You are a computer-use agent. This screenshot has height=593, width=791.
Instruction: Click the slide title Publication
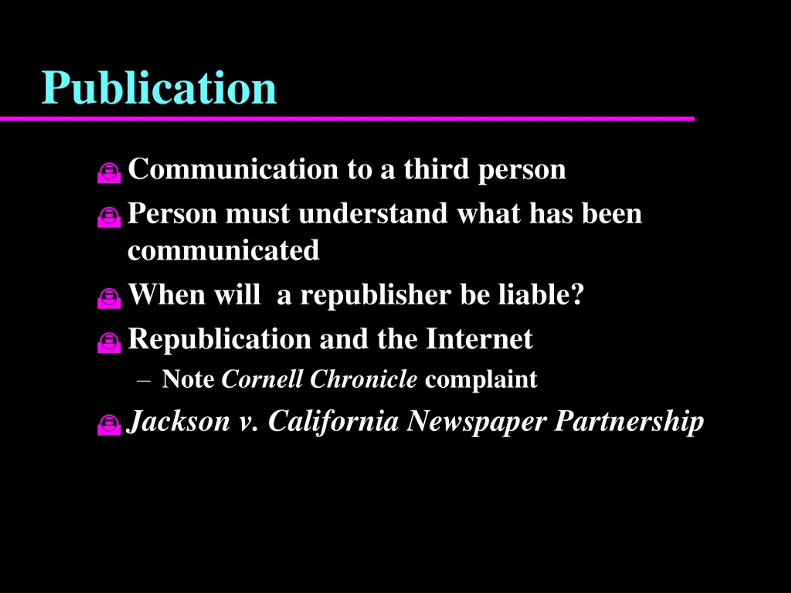(x=159, y=88)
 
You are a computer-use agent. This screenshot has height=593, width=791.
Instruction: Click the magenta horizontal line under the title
(x=347, y=119)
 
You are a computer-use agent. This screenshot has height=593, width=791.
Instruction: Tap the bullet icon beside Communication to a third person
(x=109, y=173)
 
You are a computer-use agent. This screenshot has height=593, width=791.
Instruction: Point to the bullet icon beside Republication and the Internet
(x=109, y=343)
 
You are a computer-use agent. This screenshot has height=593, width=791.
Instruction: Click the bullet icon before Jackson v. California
(x=109, y=425)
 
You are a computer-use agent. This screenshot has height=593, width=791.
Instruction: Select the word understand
(x=373, y=213)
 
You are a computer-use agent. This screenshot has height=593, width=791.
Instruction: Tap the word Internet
(x=479, y=339)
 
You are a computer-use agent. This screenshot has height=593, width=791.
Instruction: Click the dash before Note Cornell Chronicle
(x=143, y=381)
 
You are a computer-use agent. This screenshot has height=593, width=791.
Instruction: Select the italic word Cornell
(x=262, y=379)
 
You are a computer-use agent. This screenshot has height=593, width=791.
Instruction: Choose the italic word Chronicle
(x=364, y=379)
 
